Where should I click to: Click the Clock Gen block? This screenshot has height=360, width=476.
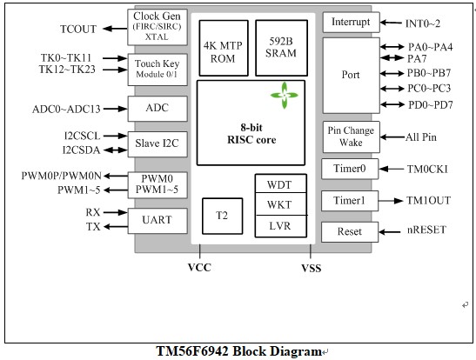pyautogui.click(x=158, y=27)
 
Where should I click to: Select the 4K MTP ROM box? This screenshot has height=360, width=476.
pyautogui.click(x=224, y=48)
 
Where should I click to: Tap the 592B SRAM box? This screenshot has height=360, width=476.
pyautogui.click(x=281, y=48)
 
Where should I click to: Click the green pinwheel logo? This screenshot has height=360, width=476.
pyautogui.click(x=285, y=96)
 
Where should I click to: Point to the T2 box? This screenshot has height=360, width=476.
pyautogui.click(x=222, y=216)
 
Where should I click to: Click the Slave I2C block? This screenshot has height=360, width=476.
pyautogui.click(x=158, y=144)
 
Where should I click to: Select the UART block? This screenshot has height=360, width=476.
pyautogui.click(x=158, y=221)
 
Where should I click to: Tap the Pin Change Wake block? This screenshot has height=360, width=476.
pyautogui.click(x=351, y=137)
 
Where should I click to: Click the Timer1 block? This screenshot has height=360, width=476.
pyautogui.click(x=350, y=201)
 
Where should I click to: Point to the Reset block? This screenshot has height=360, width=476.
pyautogui.click(x=350, y=232)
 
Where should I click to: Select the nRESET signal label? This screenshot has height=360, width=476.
pyautogui.click(x=426, y=230)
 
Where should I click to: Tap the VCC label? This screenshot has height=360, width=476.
pyautogui.click(x=199, y=268)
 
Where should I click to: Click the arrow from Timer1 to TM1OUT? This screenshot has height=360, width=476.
pyautogui.click(x=391, y=201)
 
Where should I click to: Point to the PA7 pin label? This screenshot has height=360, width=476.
pyautogui.click(x=417, y=58)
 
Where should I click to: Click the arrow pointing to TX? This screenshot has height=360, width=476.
pyautogui.click(x=116, y=227)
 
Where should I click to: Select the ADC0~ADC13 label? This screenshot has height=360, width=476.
pyautogui.click(x=66, y=110)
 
